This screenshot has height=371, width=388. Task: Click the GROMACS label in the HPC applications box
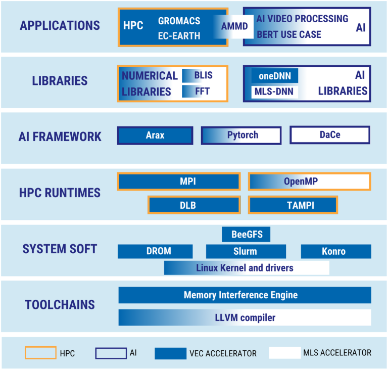point(179,21)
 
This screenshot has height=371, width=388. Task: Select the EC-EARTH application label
point(179,36)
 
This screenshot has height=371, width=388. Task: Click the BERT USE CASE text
point(288,35)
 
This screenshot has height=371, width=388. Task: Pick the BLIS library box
point(199,76)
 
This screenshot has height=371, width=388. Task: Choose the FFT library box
point(199,91)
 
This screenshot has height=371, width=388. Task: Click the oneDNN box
point(274,76)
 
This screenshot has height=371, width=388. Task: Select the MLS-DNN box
point(274,92)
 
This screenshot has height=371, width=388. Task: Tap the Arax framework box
point(155,135)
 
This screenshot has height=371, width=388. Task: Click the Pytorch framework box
point(241,135)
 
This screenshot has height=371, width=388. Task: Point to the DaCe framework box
point(330,135)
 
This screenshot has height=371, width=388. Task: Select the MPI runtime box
point(179,181)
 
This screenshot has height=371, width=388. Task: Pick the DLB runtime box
point(194,205)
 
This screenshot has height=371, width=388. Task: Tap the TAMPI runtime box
point(293,205)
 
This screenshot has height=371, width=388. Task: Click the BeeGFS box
point(246,235)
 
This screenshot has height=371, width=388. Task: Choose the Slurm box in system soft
point(246,251)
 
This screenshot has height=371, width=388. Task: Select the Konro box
point(336,251)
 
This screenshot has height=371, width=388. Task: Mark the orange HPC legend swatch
point(40,353)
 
